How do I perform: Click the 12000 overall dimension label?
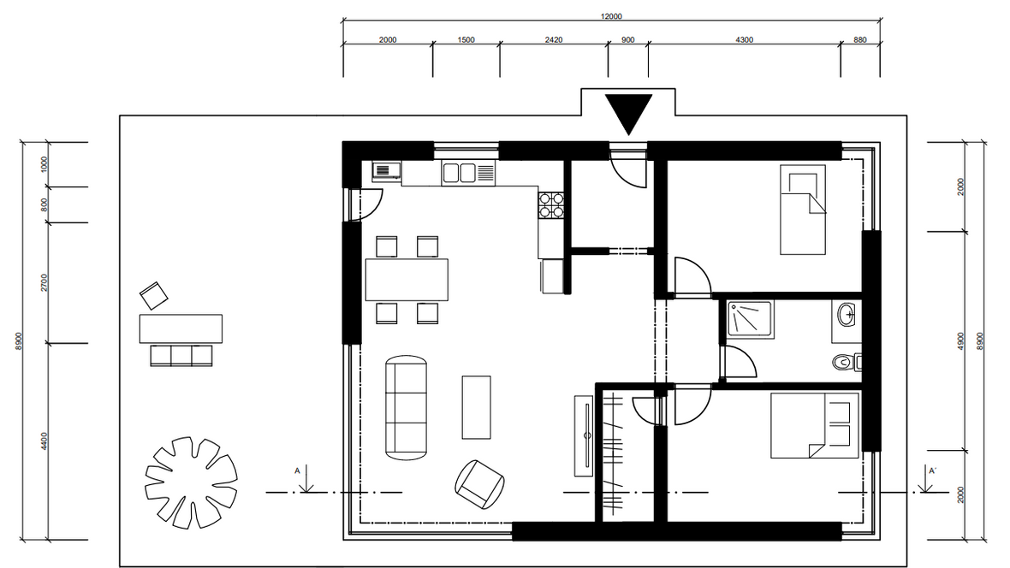(611, 16)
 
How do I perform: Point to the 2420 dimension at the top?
(553, 40)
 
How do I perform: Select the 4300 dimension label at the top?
(744, 40)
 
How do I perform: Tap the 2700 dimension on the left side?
(44, 282)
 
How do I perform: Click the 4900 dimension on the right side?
(960, 340)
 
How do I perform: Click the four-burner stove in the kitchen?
(551, 204)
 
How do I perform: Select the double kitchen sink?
(468, 173)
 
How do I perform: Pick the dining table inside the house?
(407, 280)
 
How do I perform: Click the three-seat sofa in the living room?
(406, 408)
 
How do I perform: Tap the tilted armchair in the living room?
(479, 484)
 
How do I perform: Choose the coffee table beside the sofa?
(476, 408)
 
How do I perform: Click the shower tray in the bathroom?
(751, 319)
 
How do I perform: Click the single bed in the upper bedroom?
(803, 210)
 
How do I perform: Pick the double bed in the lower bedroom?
(815, 426)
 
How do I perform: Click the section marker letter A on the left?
(298, 470)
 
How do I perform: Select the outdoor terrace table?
(181, 328)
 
